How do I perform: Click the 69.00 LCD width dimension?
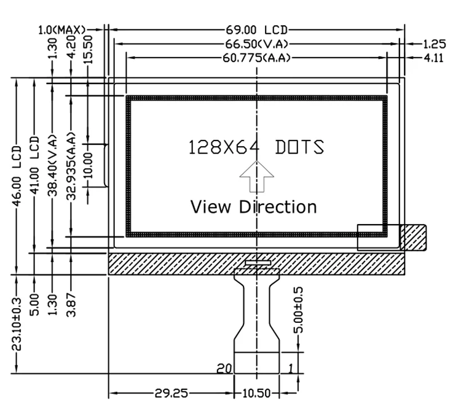coord(256,29)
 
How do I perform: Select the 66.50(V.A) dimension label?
coord(256,44)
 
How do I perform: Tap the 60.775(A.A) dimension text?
coord(256,58)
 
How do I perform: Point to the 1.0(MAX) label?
coord(61,29)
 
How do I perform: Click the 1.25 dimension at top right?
coord(433,44)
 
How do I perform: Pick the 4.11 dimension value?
coord(433,58)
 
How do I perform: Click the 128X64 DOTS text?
coord(256,147)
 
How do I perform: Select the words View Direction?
coord(253,206)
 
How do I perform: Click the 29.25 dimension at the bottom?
coord(171,393)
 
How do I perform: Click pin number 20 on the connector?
coord(224,368)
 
